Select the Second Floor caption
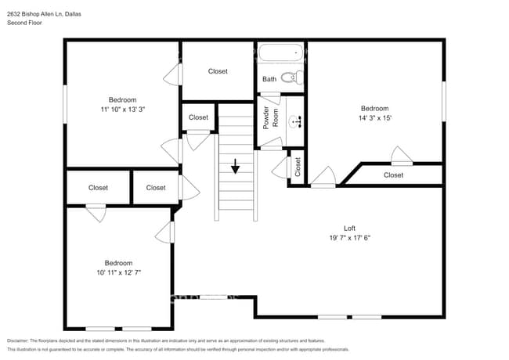click(24, 23)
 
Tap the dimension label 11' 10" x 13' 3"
click(122, 110)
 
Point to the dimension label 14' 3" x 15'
click(374, 118)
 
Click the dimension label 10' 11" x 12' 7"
click(119, 272)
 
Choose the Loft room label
click(349, 228)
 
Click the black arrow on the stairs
click(235, 166)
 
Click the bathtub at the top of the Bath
click(280, 54)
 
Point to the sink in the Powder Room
click(295, 121)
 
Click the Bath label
click(269, 79)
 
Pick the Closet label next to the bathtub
click(218, 71)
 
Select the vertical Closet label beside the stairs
click(298, 167)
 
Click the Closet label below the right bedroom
click(393, 175)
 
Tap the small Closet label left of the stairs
click(198, 117)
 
